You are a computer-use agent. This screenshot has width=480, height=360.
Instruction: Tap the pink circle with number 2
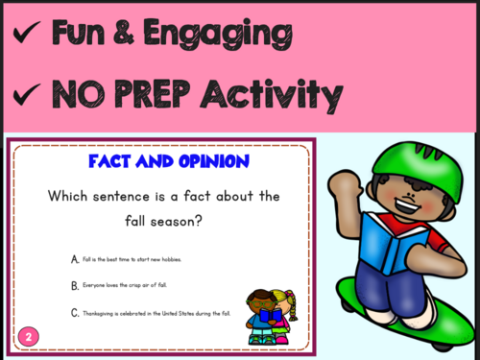28,336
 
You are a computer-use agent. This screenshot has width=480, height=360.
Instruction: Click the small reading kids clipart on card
271,313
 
